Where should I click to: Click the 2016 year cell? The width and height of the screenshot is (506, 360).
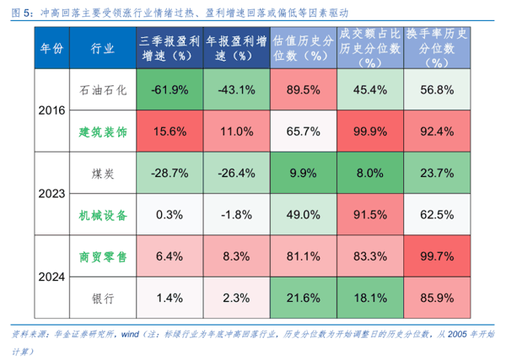(x=51, y=111)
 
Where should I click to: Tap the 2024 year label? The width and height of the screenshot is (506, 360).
(x=51, y=276)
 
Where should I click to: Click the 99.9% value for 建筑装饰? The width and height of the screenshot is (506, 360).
(x=370, y=132)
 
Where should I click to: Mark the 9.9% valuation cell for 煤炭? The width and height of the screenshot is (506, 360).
(x=303, y=173)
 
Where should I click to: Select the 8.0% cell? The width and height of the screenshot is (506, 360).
(x=370, y=173)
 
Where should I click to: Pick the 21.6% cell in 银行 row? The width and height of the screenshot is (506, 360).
(x=303, y=297)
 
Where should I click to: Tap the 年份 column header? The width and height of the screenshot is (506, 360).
(x=51, y=49)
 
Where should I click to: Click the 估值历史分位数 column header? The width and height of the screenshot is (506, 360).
(x=303, y=49)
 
